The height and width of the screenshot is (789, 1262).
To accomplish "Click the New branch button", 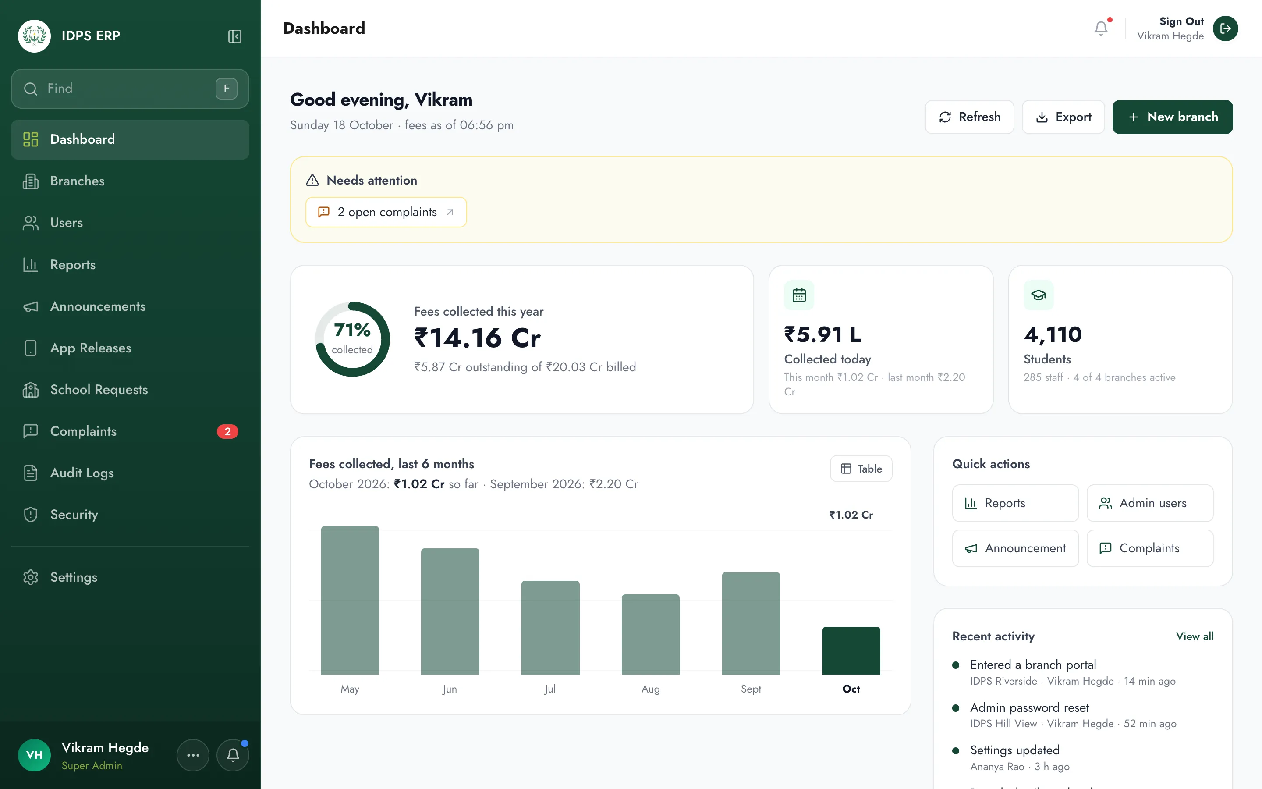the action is pyautogui.click(x=1172, y=117).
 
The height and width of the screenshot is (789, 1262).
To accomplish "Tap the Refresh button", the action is pyautogui.click(x=969, y=117).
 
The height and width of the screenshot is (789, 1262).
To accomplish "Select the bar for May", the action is pyautogui.click(x=350, y=600).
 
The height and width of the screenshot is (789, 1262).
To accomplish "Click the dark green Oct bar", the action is pyautogui.click(x=851, y=651).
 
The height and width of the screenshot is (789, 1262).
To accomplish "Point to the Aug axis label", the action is pyautogui.click(x=650, y=689).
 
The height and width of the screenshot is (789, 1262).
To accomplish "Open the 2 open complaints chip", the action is pyautogui.click(x=386, y=212).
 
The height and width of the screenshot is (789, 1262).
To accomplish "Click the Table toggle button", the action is pyautogui.click(x=861, y=469).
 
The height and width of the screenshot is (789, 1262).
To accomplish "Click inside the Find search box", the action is pyautogui.click(x=130, y=89).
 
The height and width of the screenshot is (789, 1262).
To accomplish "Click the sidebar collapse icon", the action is pyautogui.click(x=235, y=36).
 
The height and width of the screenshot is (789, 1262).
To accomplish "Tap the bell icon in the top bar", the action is pyautogui.click(x=1101, y=28).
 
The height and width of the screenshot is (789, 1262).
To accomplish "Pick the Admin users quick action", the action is pyautogui.click(x=1150, y=503).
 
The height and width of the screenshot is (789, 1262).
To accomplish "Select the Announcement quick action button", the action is pyautogui.click(x=1015, y=548).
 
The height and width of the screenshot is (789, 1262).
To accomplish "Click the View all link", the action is pyautogui.click(x=1195, y=636).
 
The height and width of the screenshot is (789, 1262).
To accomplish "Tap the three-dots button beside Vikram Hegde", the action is pyautogui.click(x=193, y=755).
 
